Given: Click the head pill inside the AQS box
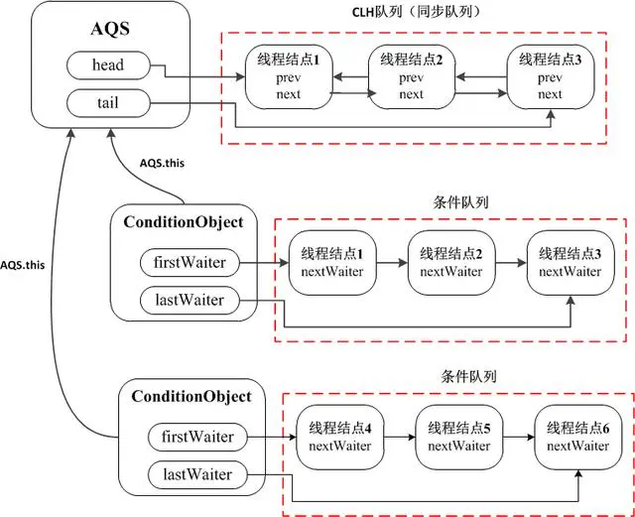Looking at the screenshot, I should coord(107,65).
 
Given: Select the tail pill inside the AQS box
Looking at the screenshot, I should coord(107,101).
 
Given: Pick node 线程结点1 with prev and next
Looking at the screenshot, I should coord(289,78).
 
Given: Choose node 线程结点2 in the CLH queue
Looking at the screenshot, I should coord(411,78).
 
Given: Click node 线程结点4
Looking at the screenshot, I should coord(339,438).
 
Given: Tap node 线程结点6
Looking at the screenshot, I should coord(578,438).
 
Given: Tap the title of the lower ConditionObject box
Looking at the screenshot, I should coord(191,396).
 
